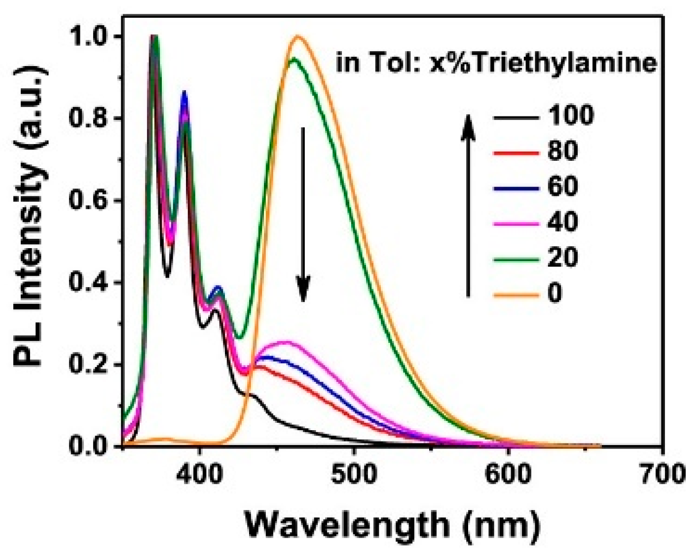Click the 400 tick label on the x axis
[199, 474]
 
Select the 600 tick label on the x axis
[508, 474]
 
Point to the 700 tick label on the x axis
[661, 474]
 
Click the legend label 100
[571, 116]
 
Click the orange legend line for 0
[516, 295]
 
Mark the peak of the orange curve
[298, 36]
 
